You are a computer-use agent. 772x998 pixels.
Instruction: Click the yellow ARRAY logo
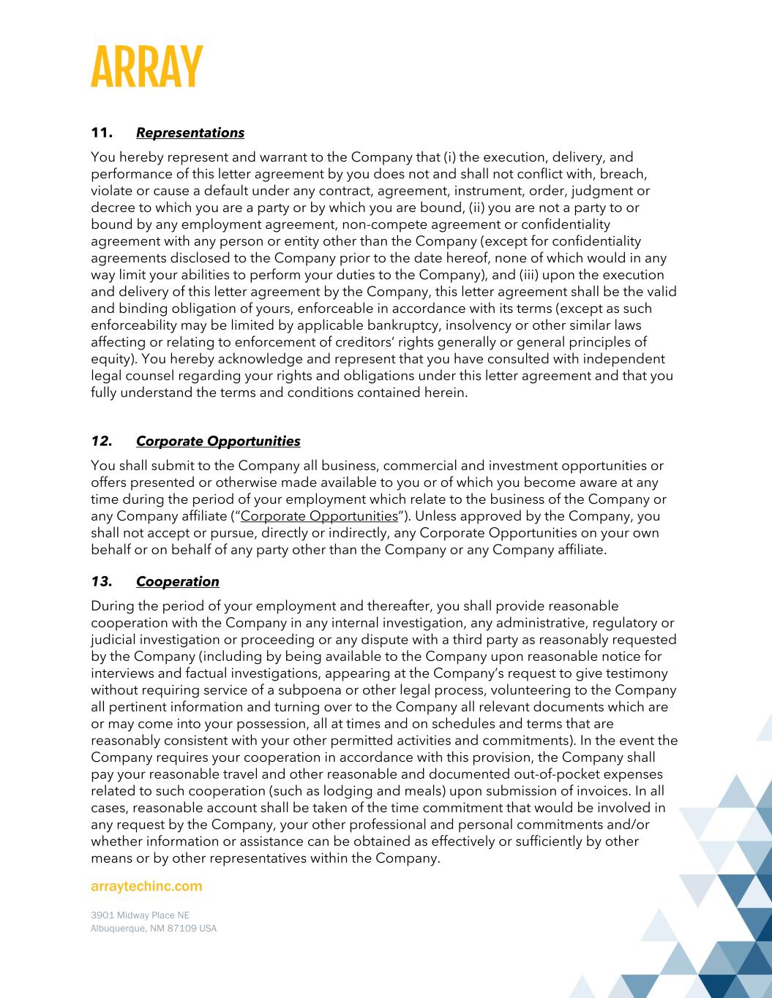click(146, 67)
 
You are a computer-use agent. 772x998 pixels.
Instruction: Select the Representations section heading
click(190, 133)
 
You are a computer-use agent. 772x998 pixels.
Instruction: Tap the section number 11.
click(101, 133)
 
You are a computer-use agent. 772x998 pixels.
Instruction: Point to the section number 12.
click(101, 442)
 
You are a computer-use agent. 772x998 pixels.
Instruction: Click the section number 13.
click(101, 582)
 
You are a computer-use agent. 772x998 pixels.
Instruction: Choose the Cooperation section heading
click(177, 582)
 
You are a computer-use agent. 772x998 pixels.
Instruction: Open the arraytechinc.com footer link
click(146, 886)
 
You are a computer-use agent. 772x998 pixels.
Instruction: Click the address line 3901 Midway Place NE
click(140, 915)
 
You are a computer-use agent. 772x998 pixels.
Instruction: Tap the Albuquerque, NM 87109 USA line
click(153, 929)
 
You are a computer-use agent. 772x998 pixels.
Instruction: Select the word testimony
click(637, 673)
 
